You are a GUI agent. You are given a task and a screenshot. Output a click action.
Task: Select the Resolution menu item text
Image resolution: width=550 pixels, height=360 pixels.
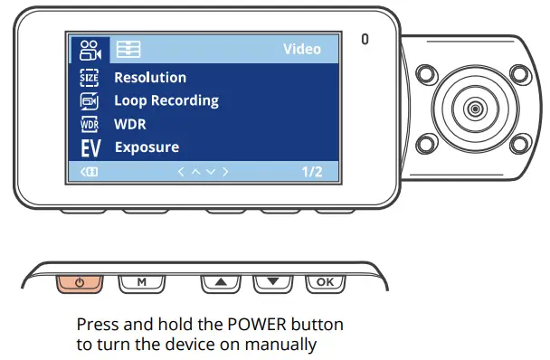pos(150,78)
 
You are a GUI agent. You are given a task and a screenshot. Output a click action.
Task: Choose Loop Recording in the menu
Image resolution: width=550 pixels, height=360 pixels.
pos(166,100)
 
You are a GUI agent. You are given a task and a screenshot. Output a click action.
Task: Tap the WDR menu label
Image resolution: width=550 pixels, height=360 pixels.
pos(130,124)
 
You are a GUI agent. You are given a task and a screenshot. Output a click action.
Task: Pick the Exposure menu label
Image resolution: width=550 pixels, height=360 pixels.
pos(147,147)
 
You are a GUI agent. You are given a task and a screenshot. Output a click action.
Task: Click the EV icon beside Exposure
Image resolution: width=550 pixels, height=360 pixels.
pos(90,147)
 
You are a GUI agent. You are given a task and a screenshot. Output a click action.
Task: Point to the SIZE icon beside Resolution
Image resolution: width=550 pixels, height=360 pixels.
pos(90,78)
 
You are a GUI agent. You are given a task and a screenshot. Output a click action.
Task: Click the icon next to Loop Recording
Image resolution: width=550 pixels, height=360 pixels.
pos(90,100)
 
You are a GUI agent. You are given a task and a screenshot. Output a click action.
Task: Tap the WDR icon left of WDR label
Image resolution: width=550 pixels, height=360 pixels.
pos(90,124)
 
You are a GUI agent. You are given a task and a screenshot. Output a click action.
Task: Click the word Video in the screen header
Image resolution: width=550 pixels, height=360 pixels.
pos(302,49)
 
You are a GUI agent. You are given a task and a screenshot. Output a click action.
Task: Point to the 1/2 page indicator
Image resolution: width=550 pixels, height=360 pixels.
pos(311,171)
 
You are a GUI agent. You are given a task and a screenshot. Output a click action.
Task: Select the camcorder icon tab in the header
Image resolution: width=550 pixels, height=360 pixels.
pos(90,49)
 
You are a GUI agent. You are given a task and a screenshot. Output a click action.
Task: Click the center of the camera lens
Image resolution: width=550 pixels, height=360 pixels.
pos(473,109)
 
